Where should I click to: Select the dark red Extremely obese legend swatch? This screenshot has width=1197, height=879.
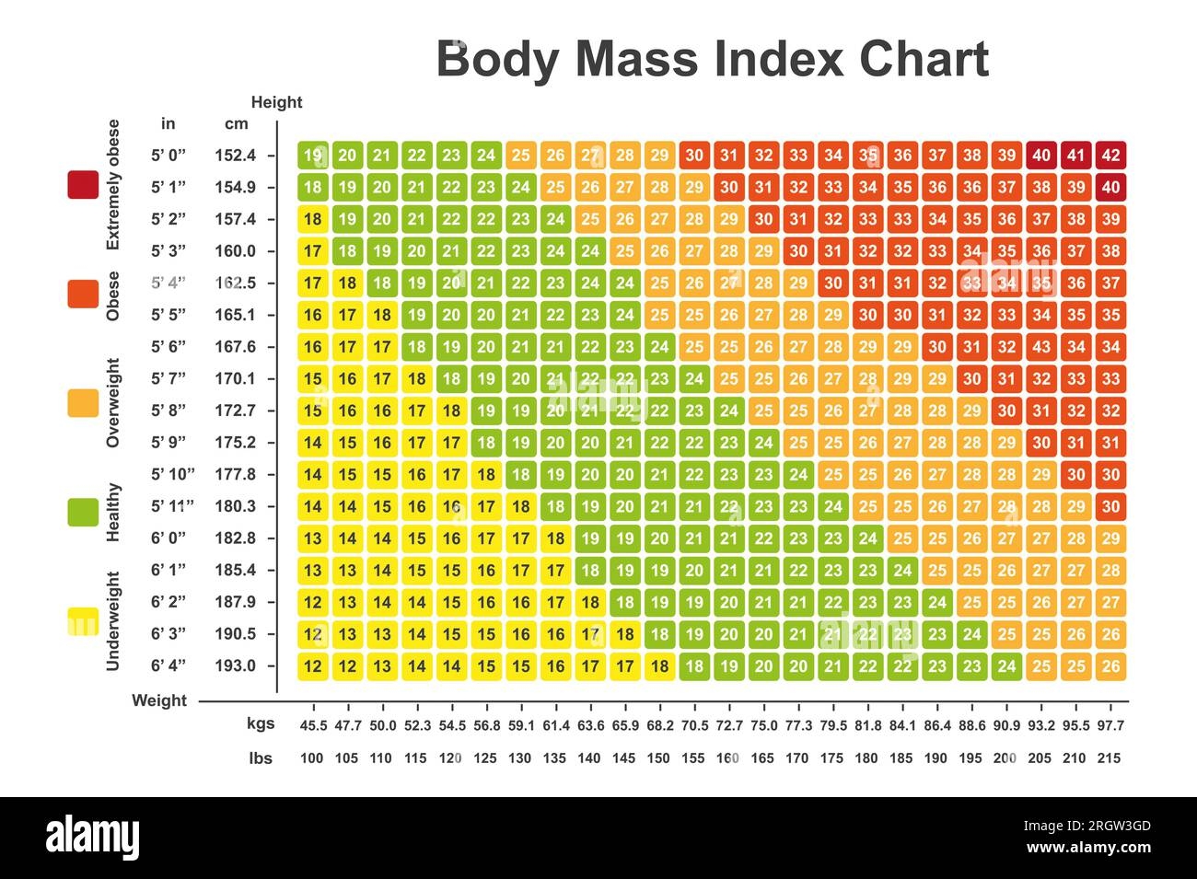click(x=83, y=185)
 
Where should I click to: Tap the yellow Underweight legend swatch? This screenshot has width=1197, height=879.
click(x=83, y=622)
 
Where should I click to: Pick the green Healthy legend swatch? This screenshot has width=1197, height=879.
click(x=83, y=512)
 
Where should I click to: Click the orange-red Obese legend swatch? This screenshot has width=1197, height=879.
click(x=83, y=294)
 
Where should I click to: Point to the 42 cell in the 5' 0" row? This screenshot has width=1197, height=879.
click(x=1110, y=156)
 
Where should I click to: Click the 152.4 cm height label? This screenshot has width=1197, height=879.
click(x=235, y=156)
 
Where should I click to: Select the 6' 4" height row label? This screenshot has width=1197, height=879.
click(x=169, y=665)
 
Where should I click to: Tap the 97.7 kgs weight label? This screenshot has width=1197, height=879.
click(x=1110, y=725)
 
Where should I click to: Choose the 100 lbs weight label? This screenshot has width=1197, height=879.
click(x=312, y=758)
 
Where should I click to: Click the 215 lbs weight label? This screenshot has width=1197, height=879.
click(x=1110, y=758)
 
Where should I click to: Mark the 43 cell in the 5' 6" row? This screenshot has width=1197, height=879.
click(x=1041, y=347)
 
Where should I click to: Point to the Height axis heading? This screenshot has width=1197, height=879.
click(x=276, y=102)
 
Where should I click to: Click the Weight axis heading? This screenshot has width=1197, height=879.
click(x=159, y=700)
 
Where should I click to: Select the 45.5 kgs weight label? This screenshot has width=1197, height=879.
click(x=313, y=725)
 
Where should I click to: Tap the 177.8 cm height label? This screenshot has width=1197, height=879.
click(x=235, y=474)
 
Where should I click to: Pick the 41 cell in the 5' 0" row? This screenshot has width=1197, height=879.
click(x=1075, y=156)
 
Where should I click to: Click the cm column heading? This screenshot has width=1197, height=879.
click(x=237, y=123)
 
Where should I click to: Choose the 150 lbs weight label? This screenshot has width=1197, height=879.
click(x=658, y=758)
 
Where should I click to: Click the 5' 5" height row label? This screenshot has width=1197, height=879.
click(x=169, y=315)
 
